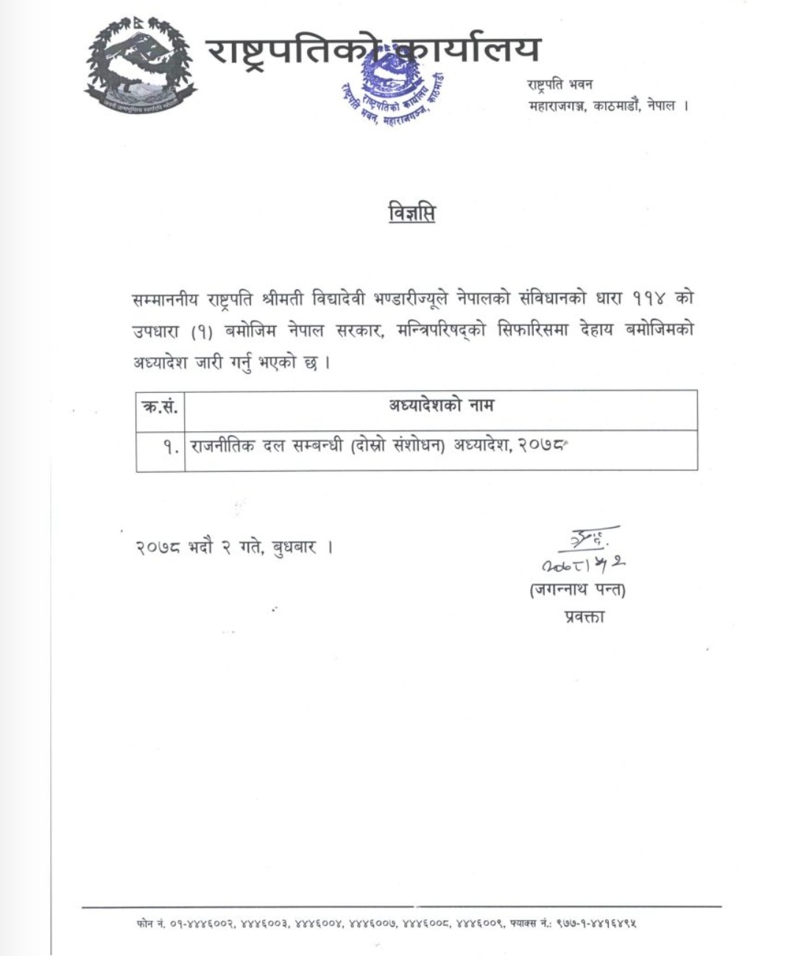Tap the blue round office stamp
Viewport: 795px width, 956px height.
tap(394, 92)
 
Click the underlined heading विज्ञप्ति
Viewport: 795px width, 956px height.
tap(411, 213)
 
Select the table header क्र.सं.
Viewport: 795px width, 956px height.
tap(160, 406)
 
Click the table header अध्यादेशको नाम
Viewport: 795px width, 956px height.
tap(441, 405)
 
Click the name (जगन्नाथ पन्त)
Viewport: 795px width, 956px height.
tap(578, 590)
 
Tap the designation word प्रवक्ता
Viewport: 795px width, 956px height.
tap(580, 617)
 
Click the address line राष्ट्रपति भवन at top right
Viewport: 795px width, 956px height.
tap(560, 84)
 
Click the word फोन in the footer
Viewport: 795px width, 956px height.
tap(144, 923)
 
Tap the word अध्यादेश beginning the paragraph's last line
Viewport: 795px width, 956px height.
tap(160, 364)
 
